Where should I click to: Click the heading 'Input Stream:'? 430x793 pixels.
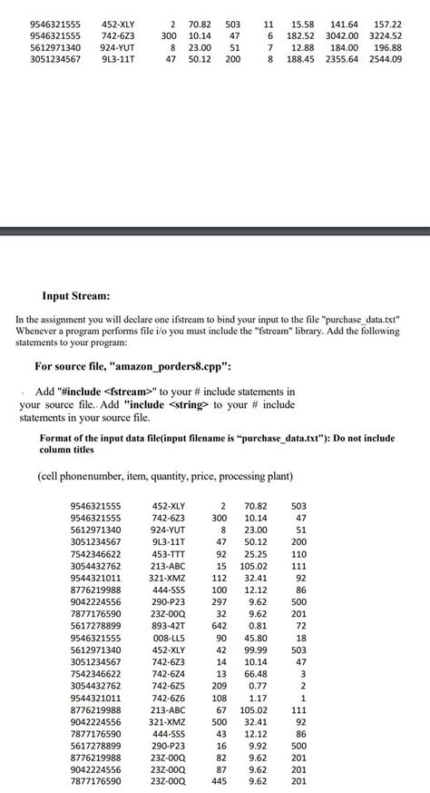click(x=76, y=296)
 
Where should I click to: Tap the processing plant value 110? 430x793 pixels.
click(x=299, y=553)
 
